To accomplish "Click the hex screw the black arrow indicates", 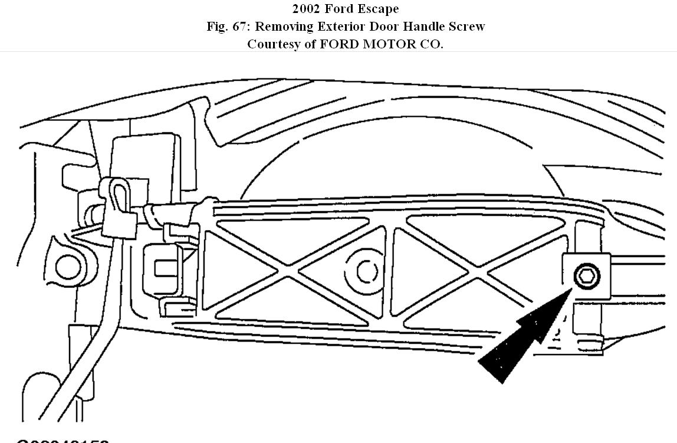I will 587,275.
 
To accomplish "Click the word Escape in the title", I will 377,9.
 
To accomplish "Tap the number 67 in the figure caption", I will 240,27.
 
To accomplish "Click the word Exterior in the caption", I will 341,27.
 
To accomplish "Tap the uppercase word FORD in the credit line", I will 339,44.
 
